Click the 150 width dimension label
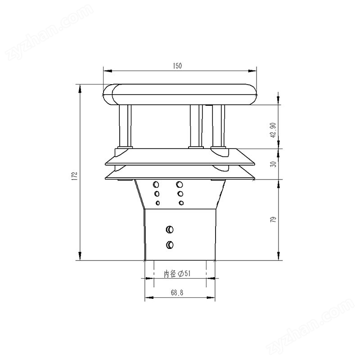coord(177,66)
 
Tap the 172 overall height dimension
coord(75,176)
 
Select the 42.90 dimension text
coord(273,130)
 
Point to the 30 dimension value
coord(273,164)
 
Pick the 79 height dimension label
coord(273,219)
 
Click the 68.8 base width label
coord(177,293)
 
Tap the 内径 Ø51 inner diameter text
coord(177,274)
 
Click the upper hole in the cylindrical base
coord(170,229)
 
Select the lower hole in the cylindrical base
coord(170,245)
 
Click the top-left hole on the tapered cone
coord(156,184)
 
